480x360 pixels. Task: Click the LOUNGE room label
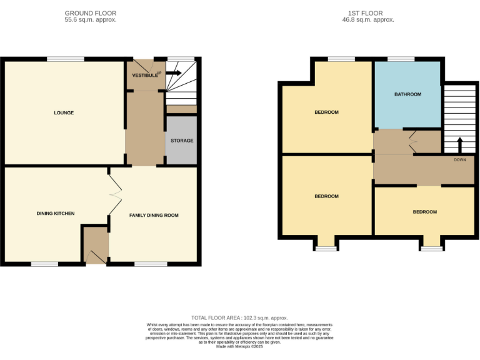click(64, 113)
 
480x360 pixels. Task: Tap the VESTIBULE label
click(144, 76)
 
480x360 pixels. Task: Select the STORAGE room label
click(182, 141)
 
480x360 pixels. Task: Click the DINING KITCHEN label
click(55, 214)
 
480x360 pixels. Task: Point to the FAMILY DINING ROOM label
click(154, 215)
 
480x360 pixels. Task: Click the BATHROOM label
click(407, 94)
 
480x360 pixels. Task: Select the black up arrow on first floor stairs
click(460, 144)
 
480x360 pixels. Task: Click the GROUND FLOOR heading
click(90, 13)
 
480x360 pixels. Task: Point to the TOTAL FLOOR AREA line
click(239, 318)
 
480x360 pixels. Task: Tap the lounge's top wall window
click(65, 59)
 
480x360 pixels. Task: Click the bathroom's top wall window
click(401, 59)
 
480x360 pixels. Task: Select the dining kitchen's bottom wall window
click(44, 264)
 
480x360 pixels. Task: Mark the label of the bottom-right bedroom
click(424, 212)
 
